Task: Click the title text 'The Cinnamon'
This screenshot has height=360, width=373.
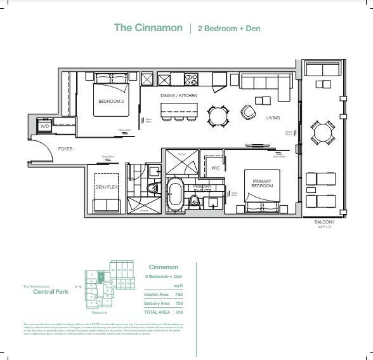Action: [x=148, y=28]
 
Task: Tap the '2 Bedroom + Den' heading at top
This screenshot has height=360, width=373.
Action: [x=229, y=29]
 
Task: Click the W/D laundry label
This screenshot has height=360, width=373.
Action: [x=44, y=126]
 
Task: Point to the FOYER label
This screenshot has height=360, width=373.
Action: [x=65, y=149]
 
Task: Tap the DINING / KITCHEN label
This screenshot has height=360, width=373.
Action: [x=178, y=95]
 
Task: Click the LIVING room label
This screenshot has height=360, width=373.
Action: [x=273, y=117]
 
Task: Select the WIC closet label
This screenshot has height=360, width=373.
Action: [x=215, y=168]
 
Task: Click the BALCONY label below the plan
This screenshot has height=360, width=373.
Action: [x=324, y=222]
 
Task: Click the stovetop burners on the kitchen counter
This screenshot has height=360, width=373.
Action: [x=190, y=79]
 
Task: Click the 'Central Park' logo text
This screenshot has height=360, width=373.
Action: [x=43, y=293]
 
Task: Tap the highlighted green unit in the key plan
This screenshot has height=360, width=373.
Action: [x=100, y=277]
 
